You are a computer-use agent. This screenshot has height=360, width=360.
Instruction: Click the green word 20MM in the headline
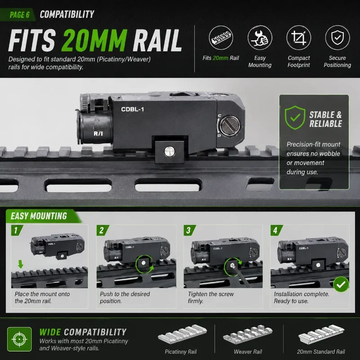[x=94, y=40]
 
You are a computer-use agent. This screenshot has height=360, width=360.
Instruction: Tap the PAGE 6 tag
[x=19, y=15]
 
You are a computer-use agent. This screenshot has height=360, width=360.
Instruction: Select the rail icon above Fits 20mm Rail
[x=221, y=38]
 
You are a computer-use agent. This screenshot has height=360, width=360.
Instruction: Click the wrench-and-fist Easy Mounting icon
[x=260, y=38]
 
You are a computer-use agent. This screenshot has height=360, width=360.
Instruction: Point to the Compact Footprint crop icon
[x=299, y=38]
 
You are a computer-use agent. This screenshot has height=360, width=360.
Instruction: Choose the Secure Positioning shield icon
[x=337, y=38]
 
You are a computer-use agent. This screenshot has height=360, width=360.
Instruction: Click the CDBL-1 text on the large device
[x=132, y=109]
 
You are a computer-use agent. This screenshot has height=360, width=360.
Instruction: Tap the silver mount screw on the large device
[x=170, y=152]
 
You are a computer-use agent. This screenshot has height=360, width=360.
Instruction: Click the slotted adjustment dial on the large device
[x=230, y=126]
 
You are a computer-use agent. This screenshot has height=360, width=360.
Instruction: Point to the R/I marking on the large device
[x=98, y=134]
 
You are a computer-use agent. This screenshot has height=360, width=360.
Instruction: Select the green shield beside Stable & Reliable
[x=295, y=117]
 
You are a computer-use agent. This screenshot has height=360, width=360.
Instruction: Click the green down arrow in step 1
[x=21, y=264]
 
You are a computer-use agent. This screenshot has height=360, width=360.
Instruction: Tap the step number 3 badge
[x=189, y=230]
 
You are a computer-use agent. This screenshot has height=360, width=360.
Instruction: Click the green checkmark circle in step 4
[x=341, y=284]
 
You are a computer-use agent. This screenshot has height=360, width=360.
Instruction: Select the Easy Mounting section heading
[x=39, y=216]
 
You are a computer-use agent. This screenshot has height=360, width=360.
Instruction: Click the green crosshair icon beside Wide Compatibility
[x=19, y=339]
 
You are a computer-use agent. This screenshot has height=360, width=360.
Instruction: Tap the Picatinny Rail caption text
[x=181, y=352]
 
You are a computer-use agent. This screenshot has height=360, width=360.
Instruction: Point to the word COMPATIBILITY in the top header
[x=67, y=14]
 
